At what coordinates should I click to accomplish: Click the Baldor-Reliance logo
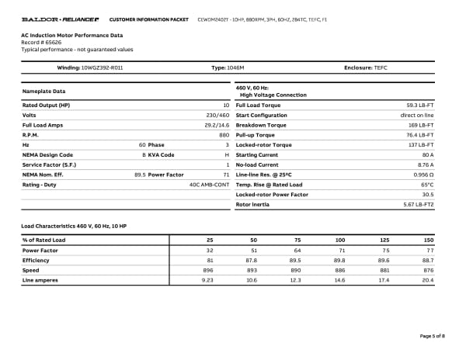[x=59, y=18]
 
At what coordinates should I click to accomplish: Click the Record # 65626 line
[x=43, y=43]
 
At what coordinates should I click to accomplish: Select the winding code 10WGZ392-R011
[x=107, y=68]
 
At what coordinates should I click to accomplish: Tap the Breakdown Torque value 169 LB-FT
[x=421, y=125]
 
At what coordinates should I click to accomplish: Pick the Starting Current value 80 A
[x=426, y=154]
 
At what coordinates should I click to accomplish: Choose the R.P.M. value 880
[x=224, y=135]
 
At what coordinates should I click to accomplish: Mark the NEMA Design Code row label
[x=47, y=154]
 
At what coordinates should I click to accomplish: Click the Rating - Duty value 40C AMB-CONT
[x=209, y=184]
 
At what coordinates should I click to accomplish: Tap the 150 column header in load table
[x=428, y=241]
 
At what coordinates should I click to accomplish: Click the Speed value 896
[x=207, y=270]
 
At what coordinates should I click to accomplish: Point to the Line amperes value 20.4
[x=427, y=280]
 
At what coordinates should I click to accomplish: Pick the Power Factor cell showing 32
[x=209, y=251]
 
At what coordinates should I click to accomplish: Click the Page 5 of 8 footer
[x=432, y=336]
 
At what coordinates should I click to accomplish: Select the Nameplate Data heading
[x=43, y=92]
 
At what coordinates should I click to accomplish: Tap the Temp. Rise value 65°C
[x=426, y=184]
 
